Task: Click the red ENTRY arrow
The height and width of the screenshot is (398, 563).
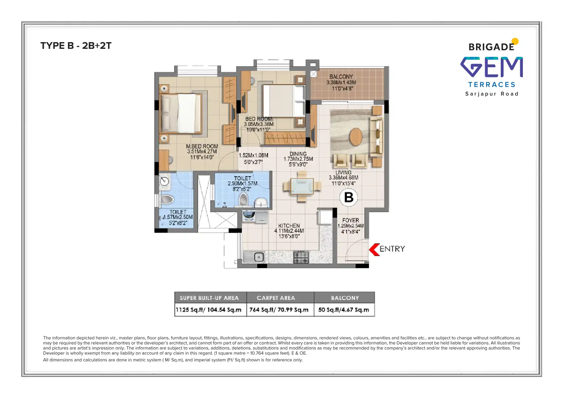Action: pyautogui.click(x=374, y=250)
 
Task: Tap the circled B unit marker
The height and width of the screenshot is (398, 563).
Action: pyautogui.click(x=349, y=197)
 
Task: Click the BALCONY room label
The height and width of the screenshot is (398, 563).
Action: pyautogui.click(x=341, y=77)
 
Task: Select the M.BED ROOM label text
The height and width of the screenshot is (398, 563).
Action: pyautogui.click(x=202, y=146)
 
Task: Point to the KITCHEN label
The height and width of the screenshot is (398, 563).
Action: pyautogui.click(x=289, y=226)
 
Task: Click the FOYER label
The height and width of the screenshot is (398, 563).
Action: pyautogui.click(x=350, y=220)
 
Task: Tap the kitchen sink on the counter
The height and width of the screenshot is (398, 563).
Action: pyautogui.click(x=258, y=257)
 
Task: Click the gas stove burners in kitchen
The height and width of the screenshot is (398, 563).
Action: pyautogui.click(x=301, y=257)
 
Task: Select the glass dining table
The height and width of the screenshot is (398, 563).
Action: pyautogui.click(x=302, y=186)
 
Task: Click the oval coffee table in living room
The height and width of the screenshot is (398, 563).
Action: pyautogui.click(x=356, y=137)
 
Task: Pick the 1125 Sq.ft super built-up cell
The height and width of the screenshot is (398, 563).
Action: pyautogui.click(x=209, y=310)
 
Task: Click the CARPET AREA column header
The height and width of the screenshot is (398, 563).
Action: pyautogui.click(x=276, y=298)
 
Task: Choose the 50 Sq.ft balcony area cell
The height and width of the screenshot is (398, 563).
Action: pyautogui.click(x=344, y=310)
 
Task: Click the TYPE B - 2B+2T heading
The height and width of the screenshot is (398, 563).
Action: pyautogui.click(x=76, y=46)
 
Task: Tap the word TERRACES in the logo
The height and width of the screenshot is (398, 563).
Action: pyautogui.click(x=492, y=85)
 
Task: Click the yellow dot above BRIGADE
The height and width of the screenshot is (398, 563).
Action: pyautogui.click(x=515, y=41)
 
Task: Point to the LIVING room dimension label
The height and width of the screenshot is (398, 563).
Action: pyautogui.click(x=343, y=178)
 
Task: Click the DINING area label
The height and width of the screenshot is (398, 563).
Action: pyautogui.click(x=298, y=154)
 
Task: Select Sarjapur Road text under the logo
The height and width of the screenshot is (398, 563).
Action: pyautogui.click(x=492, y=94)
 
